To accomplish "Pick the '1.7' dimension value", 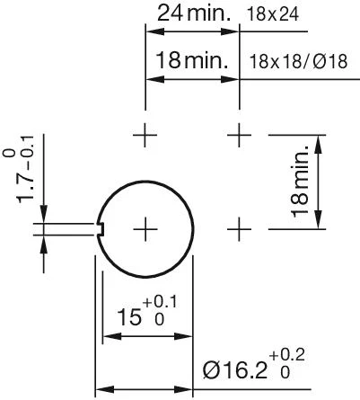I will pyautogui.click(x=28, y=191).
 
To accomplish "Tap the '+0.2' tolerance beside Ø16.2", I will pyautogui.click(x=285, y=361).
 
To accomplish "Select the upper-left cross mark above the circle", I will pyautogui.click(x=145, y=136).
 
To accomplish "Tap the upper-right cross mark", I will pyautogui.click(x=238, y=136).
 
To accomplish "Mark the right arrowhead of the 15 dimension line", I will pyautogui.click(x=188, y=337).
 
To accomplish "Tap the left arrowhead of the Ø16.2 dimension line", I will pyautogui.click(x=101, y=390).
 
